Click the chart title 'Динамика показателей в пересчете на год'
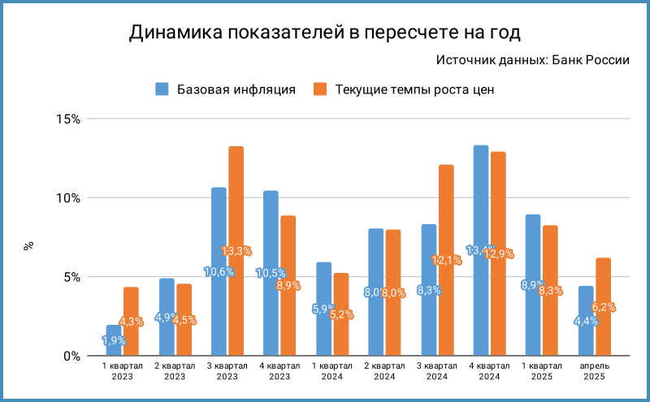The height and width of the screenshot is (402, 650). [x=325, y=32]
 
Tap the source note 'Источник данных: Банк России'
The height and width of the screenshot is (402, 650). [x=532, y=60]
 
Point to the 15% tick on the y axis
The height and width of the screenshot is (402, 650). [x=68, y=119]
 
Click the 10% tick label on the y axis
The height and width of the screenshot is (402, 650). [x=68, y=198]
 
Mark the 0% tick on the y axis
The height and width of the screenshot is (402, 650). [x=71, y=356]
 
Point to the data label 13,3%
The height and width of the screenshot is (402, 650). [x=236, y=251]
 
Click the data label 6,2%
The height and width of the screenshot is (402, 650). [x=603, y=307]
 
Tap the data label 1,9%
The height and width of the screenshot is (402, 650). [x=115, y=340]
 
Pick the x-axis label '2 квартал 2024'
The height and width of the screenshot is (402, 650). [x=384, y=371]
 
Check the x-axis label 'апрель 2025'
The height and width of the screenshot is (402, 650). [x=594, y=371]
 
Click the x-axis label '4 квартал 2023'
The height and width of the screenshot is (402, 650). [x=279, y=371]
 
